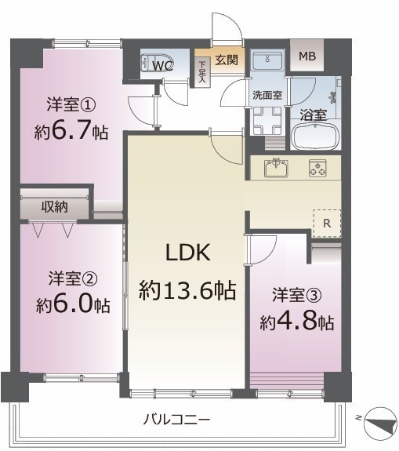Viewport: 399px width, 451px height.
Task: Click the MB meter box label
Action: tap(307, 56)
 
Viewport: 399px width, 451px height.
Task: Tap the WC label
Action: tap(162, 66)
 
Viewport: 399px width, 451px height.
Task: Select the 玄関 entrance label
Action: tap(227, 60)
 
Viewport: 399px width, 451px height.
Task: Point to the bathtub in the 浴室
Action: tap(316, 137)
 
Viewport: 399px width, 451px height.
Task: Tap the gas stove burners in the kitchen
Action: tap(317, 168)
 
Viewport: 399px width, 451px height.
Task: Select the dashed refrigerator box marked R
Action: tap(327, 224)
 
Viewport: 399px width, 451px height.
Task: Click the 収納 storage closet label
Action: tap(54, 206)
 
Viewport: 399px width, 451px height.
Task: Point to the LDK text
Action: tap(188, 253)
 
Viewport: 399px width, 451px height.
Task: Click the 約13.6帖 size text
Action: tap(187, 290)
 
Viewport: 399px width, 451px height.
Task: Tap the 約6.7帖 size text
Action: tap(71, 132)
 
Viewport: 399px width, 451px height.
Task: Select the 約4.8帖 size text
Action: tap(297, 322)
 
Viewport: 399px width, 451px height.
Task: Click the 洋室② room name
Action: tap(73, 278)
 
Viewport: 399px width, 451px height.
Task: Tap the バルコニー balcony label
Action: tap(177, 420)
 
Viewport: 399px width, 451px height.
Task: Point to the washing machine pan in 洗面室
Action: tap(267, 121)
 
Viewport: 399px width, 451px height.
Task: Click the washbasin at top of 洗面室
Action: tap(267, 60)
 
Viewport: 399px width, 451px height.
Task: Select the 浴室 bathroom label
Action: tap(314, 115)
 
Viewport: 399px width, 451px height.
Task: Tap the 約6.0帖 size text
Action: tap(73, 305)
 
